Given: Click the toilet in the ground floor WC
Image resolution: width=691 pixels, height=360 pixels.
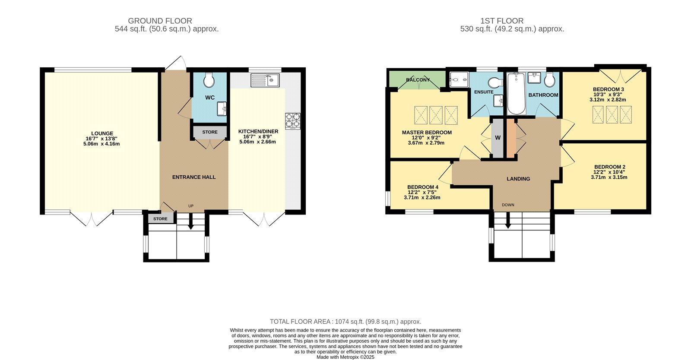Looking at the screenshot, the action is [209, 80].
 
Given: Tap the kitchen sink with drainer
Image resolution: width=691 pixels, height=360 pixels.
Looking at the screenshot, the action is [265, 80].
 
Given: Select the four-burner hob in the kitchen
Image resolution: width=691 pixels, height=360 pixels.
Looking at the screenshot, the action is [293, 121].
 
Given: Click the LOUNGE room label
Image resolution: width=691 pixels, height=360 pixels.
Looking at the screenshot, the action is [102, 133].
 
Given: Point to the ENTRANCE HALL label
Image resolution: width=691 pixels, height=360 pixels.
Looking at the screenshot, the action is [194, 177].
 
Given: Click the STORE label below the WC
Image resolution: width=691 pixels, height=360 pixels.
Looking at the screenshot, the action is [210, 132].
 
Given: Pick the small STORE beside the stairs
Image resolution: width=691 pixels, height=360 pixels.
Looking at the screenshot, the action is [160, 219].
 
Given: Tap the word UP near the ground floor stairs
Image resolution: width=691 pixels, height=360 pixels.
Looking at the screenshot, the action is [191, 206].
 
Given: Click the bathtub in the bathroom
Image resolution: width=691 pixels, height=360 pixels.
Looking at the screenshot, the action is [517, 93].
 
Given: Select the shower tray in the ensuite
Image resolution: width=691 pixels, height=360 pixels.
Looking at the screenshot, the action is [459, 79].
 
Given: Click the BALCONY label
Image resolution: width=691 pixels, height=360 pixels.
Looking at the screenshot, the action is [418, 80].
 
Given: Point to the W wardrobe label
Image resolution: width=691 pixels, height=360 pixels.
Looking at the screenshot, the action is [498, 138].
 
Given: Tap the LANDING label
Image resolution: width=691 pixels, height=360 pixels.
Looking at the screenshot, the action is [518, 179].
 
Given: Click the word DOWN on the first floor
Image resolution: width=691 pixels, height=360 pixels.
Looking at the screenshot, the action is [508, 205].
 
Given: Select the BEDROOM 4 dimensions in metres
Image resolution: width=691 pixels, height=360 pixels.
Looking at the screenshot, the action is [422, 198].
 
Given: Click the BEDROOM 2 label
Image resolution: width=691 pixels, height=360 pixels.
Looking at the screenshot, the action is [609, 167].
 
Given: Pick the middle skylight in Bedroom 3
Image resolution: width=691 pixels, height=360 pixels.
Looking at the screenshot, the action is [612, 115].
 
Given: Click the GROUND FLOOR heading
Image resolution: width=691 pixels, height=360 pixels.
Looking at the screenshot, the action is [160, 21].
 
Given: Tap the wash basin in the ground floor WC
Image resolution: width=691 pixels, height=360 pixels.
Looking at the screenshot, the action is [222, 109].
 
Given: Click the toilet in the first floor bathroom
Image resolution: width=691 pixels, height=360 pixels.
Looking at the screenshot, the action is [549, 80].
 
